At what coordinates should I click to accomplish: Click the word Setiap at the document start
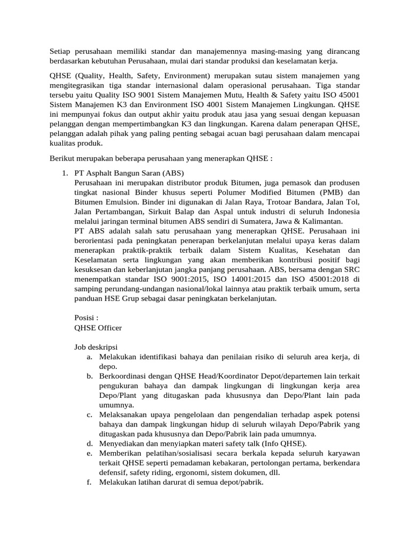tap(60, 51)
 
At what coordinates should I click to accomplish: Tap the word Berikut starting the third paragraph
tap(63, 158)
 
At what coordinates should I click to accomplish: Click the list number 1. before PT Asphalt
tap(65, 173)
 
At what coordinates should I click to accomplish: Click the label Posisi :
tap(86, 318)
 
